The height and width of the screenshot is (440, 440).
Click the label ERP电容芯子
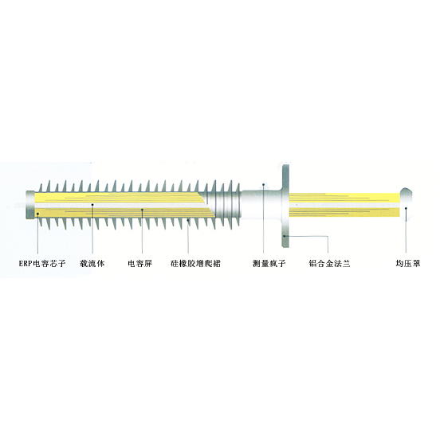tap(42, 264)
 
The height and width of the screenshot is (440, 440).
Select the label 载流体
tap(92, 264)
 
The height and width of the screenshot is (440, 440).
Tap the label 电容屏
tap(139, 264)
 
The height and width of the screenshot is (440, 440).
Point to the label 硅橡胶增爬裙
tap(195, 264)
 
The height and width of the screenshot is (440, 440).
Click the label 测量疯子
tap(269, 264)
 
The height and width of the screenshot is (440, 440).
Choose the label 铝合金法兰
tap(329, 264)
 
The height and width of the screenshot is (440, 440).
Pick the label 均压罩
tap(408, 264)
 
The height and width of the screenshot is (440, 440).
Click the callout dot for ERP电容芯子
tap(37, 214)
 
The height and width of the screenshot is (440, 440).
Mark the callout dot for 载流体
tap(92, 205)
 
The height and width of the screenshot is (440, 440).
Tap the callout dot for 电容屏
tap(142, 210)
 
